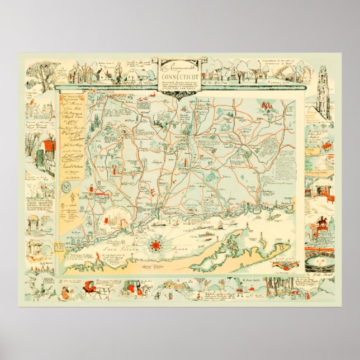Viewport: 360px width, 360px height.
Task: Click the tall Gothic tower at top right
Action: [x=324, y=82]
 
